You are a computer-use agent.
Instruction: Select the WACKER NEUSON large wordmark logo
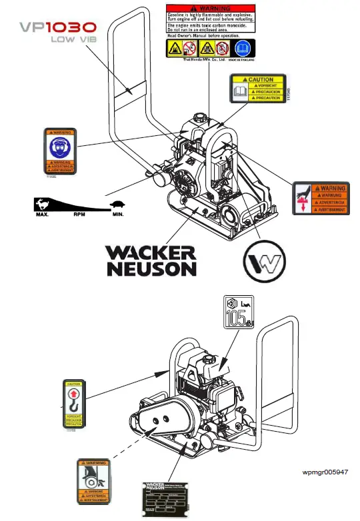click(151, 260)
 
